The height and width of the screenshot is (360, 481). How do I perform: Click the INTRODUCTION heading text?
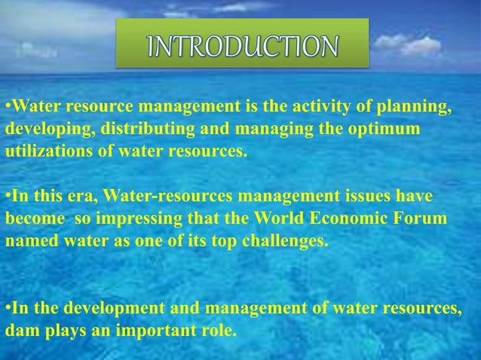click(242, 44)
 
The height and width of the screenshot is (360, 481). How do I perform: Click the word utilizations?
click(44, 151)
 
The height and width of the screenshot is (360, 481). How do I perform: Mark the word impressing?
click(134, 219)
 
